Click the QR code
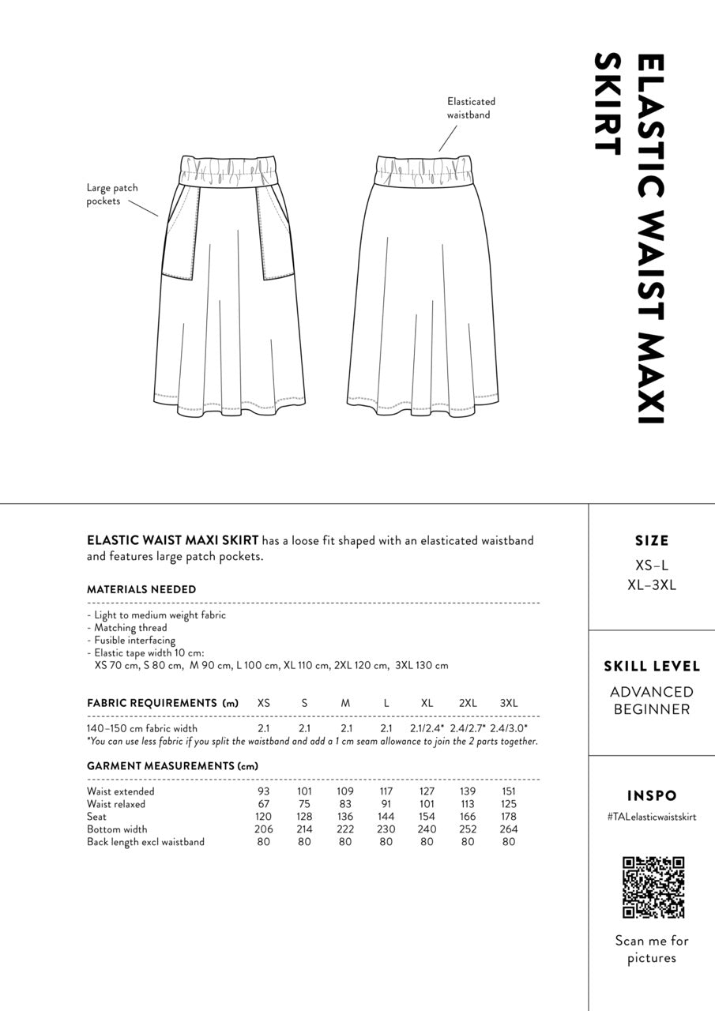click(x=653, y=887)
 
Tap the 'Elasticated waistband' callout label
click(x=471, y=108)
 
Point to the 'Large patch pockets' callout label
click(x=112, y=194)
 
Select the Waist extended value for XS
click(x=264, y=791)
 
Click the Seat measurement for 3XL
click(x=509, y=817)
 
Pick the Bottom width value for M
click(x=345, y=829)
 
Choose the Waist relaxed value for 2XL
click(x=468, y=804)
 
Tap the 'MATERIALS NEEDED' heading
click(x=141, y=589)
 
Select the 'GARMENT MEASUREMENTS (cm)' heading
click(x=172, y=766)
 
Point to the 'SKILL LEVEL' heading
click(x=652, y=667)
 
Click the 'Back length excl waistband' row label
click(x=145, y=842)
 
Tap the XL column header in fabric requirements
click(x=427, y=703)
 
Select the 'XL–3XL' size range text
click(x=652, y=585)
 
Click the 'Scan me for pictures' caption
click(x=652, y=949)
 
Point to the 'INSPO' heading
click(x=652, y=796)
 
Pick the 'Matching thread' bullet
click(x=130, y=628)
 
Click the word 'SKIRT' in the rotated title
click(x=606, y=103)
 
